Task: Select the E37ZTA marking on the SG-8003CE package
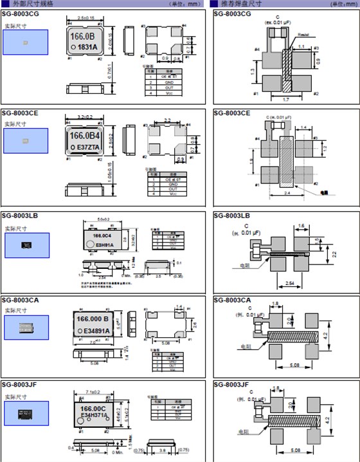(87, 147)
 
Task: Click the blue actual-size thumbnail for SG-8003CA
(26, 327)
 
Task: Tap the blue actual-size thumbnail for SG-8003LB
(26, 245)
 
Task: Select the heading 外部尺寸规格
(28, 4)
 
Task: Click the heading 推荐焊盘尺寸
(238, 4)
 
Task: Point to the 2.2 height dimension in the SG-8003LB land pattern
(334, 255)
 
